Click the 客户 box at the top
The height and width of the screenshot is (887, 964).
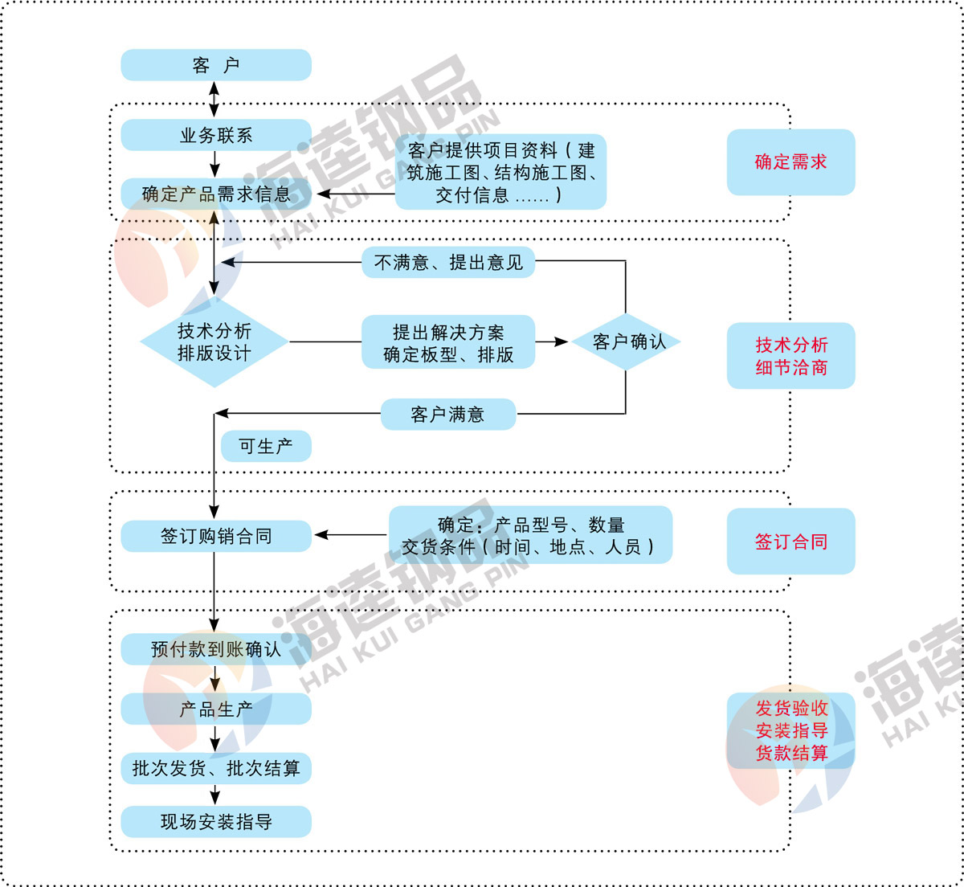[x=215, y=65]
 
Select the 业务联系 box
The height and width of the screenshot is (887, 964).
[x=215, y=135]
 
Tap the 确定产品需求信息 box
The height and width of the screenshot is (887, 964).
[x=215, y=194]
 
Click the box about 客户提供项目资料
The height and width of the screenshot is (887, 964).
[x=500, y=172]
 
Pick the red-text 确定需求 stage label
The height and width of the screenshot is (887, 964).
[x=790, y=161]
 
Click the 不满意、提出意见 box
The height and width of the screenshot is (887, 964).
[x=448, y=262]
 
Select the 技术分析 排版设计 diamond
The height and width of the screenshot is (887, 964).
[x=214, y=342]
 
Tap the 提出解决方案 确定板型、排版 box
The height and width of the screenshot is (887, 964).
[x=448, y=342]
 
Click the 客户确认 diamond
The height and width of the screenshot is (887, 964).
[x=627, y=342]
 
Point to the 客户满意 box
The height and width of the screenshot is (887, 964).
[x=447, y=415]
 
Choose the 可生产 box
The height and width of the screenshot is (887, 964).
[x=265, y=446]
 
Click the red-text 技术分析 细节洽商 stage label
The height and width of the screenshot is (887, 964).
[x=790, y=356]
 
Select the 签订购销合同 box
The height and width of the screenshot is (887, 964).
[x=215, y=536]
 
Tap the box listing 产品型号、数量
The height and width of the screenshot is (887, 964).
[x=530, y=535]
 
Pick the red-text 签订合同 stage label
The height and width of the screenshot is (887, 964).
[x=790, y=542]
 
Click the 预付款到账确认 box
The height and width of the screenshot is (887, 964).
[x=215, y=649]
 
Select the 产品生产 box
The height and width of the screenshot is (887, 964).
[x=215, y=709]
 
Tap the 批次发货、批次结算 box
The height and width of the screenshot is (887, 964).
[x=215, y=768]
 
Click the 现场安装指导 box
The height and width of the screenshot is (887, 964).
[x=215, y=822]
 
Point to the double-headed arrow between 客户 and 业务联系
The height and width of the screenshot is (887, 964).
[x=214, y=100]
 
